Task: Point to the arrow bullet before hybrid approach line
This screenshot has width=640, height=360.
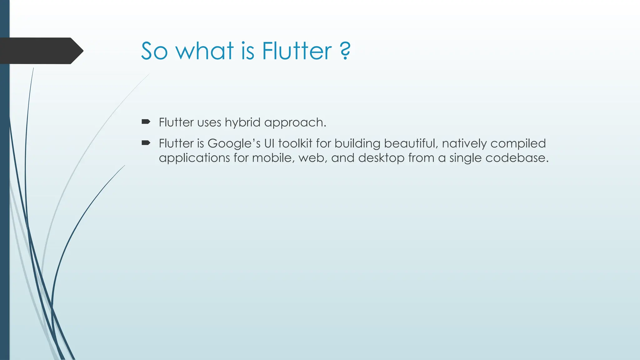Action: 146,122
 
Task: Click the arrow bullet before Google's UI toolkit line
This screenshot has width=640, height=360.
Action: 146,143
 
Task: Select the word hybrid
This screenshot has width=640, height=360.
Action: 242,122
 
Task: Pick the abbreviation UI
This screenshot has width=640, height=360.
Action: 269,143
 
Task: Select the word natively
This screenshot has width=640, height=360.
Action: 464,144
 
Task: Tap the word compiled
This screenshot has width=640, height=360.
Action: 518,144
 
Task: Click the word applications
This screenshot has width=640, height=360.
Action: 194,158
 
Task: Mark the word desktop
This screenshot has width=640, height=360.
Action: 381,158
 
